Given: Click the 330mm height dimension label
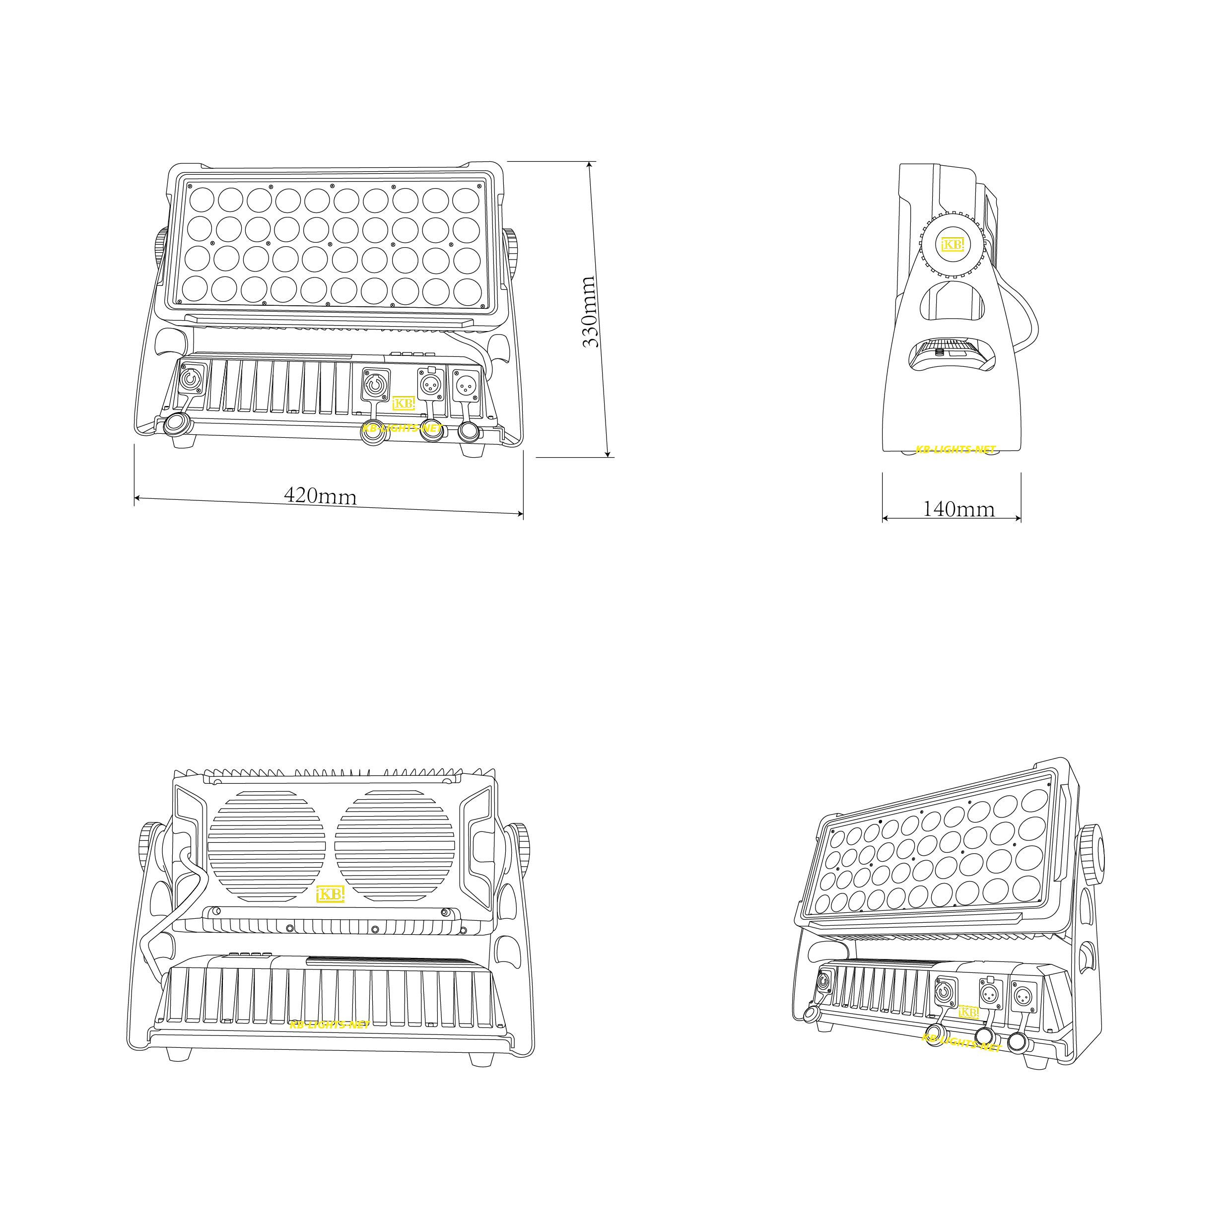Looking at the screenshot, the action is [590, 312].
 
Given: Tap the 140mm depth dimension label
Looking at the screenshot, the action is [958, 509].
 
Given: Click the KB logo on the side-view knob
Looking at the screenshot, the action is [953, 244].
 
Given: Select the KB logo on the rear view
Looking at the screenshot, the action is [331, 894].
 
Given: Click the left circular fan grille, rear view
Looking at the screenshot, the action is [267, 846].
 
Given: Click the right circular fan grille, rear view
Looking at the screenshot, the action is [395, 846].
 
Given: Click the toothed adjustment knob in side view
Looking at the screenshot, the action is [953, 245].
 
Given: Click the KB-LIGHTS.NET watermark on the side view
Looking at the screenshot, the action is [955, 449].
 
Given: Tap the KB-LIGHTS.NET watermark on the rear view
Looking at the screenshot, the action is [330, 1024].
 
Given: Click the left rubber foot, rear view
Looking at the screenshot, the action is [179, 1054].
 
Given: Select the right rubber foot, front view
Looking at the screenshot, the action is [473, 450].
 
